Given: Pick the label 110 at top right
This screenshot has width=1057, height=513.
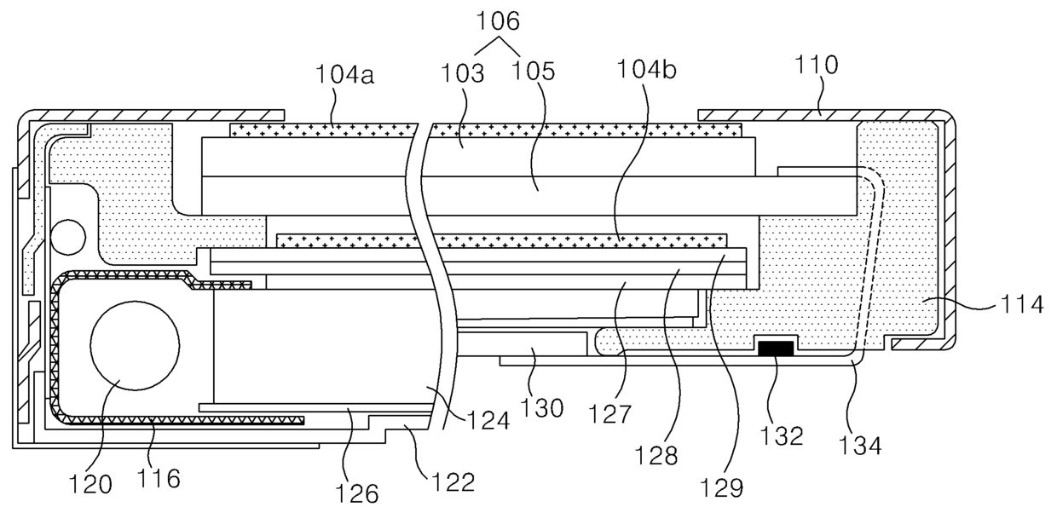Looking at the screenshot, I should pos(816,64).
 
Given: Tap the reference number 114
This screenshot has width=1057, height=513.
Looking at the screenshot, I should pos(1020,304).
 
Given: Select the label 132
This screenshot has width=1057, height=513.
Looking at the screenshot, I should pos(783,435).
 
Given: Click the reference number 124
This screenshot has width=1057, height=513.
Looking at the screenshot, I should pos(486,420).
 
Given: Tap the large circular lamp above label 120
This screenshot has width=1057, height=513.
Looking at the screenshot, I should pos(135,345).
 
